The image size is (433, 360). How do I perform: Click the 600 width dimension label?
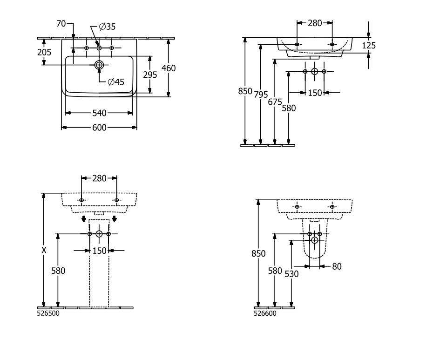coord(99,128)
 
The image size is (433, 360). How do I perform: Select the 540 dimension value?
coord(99,113)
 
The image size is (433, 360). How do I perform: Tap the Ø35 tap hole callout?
coord(108,27)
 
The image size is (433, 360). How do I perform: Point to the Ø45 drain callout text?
coord(116,82)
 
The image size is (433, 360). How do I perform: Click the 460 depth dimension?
coord(168,68)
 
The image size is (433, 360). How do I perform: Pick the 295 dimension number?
coord(150,75)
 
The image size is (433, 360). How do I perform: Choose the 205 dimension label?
coord(44,53)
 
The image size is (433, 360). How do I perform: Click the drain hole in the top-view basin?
coord(99,65)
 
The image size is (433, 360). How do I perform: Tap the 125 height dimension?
coord(368,45)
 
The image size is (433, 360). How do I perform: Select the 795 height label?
coord(261,95)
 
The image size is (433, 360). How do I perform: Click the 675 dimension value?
coord(275,102)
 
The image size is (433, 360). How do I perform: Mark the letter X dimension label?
coord(44,250)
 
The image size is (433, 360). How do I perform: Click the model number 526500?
coord(48,313)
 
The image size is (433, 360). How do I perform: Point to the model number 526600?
coord(265,313)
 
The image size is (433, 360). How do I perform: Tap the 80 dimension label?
coord(337,266)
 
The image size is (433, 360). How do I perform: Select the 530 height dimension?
coord(291,274)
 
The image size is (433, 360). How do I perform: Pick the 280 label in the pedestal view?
coord(99,178)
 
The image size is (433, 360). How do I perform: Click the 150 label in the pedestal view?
coord(99,251)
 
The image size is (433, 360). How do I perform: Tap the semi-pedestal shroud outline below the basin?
coord(315,251)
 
